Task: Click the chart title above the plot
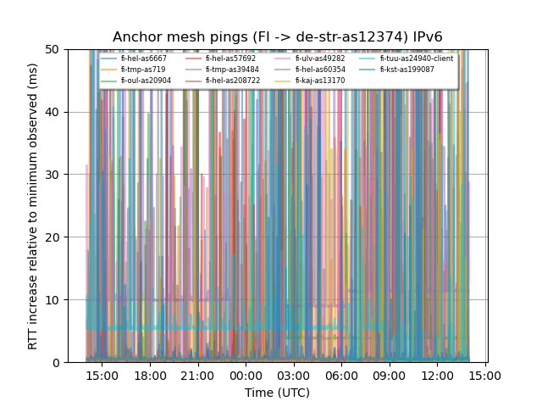278,37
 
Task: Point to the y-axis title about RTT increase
33,206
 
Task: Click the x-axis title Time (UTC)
278,393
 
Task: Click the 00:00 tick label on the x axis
246,375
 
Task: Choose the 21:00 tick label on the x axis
197,375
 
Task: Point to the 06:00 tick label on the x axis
341,375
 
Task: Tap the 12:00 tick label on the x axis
437,375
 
